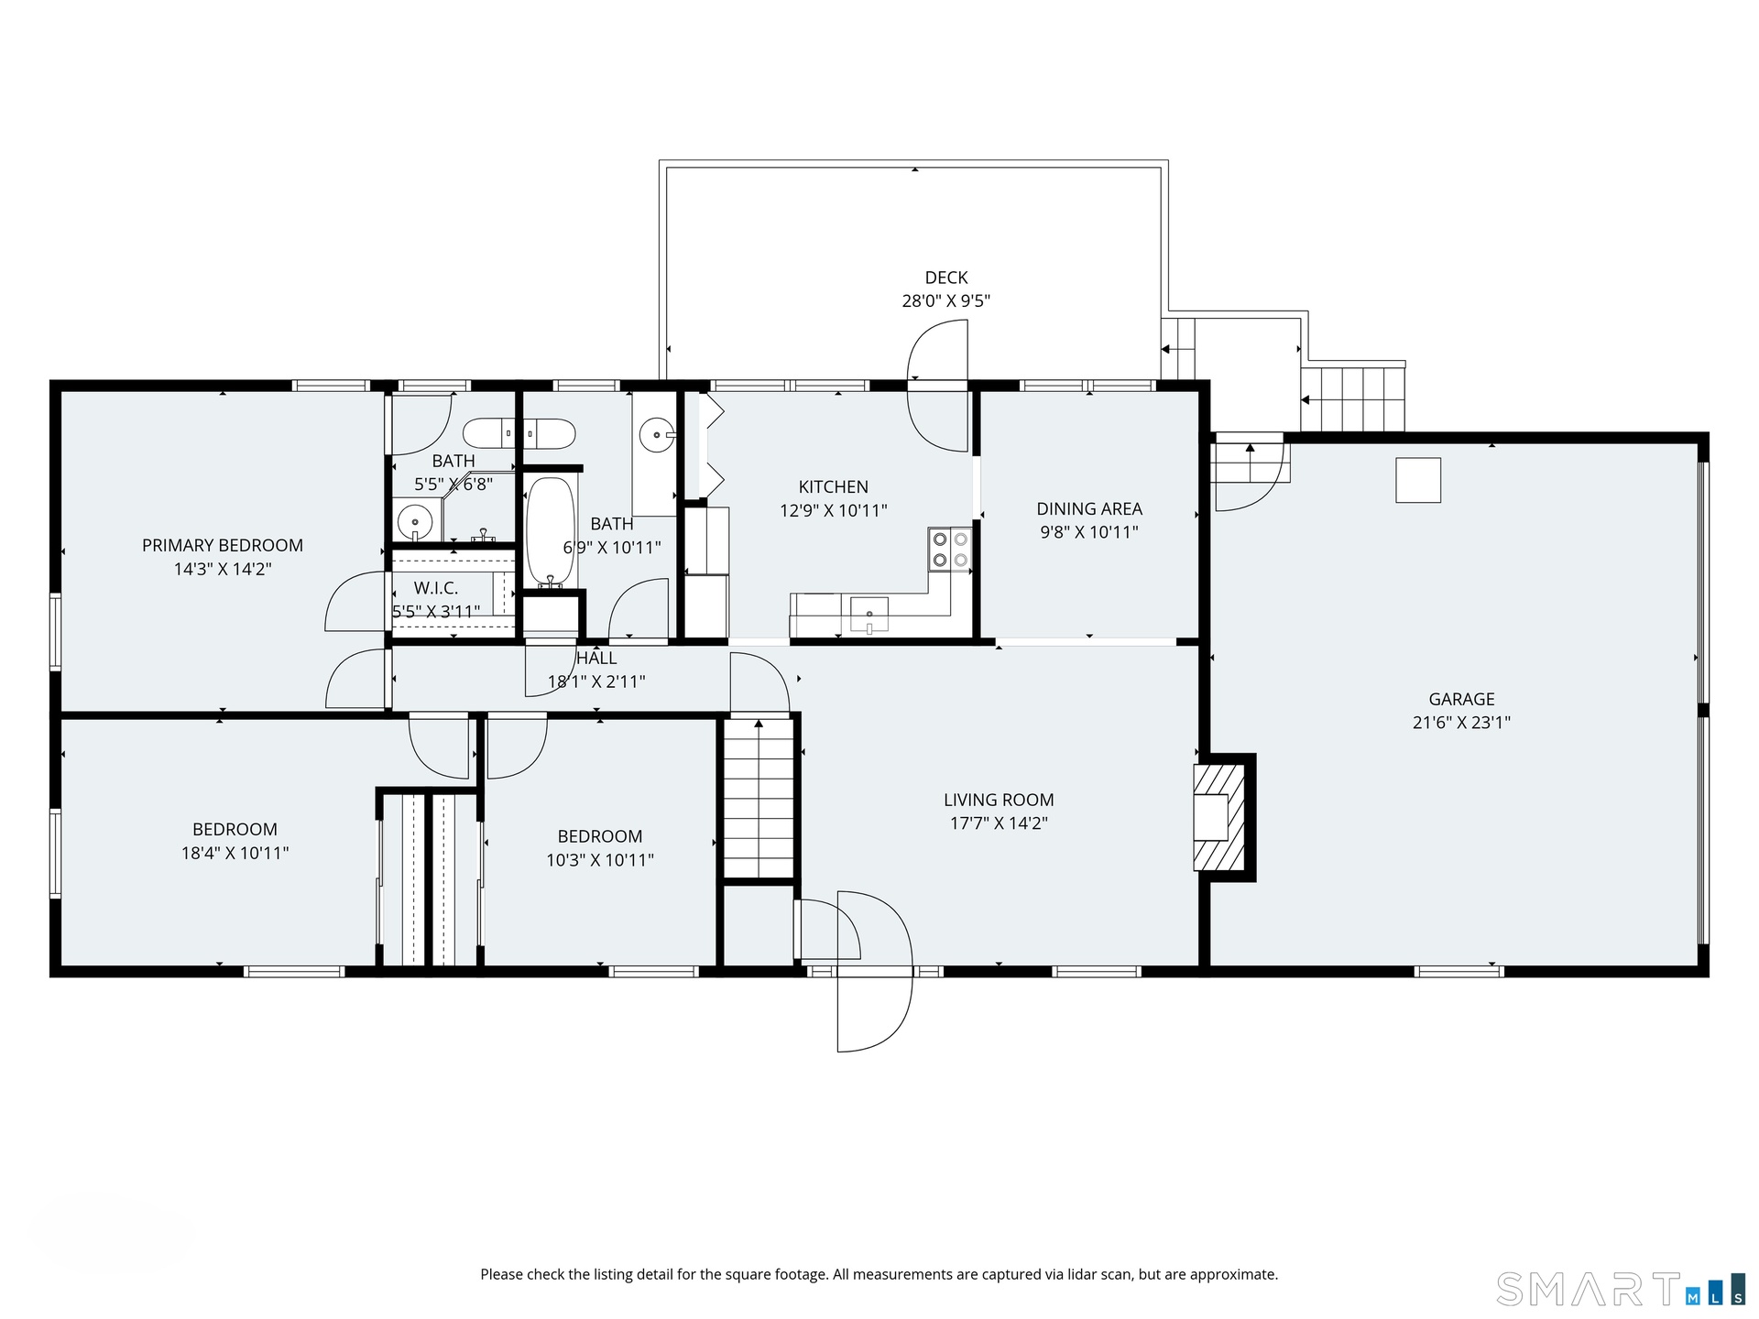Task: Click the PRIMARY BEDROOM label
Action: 223,545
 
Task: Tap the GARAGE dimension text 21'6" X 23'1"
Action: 1461,722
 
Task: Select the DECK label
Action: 946,278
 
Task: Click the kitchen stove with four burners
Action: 949,550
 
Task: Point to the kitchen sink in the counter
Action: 869,614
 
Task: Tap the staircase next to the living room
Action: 759,798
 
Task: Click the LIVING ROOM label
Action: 999,800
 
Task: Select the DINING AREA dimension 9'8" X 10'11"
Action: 1089,532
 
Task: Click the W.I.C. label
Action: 436,588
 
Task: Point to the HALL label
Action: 596,658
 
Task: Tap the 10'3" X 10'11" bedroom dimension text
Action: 600,860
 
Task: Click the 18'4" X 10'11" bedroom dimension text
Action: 235,853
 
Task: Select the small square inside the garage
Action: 1418,480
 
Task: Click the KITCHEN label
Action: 834,487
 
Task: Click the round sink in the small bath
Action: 415,521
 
